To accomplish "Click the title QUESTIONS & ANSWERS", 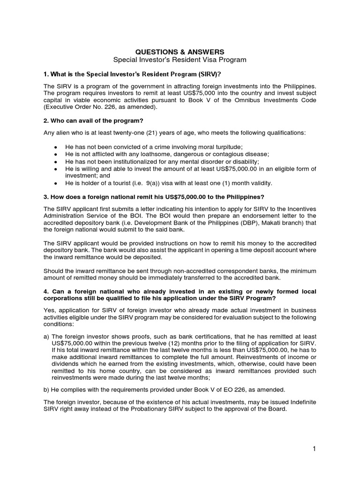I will pos(180,52).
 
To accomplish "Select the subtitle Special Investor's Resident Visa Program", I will pos(180,60).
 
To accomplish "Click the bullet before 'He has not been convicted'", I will pos(55,147).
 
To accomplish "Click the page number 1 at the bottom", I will pos(315,450).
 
